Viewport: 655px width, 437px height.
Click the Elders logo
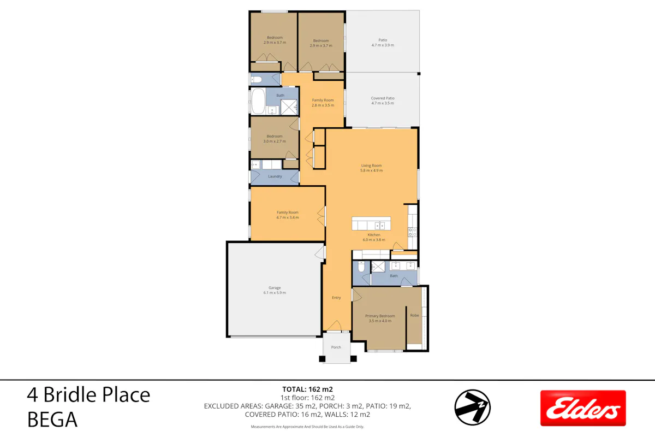point(583,408)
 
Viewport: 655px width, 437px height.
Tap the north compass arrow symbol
point(472,407)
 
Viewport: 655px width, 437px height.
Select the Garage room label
point(275,288)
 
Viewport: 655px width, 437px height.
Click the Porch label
point(336,347)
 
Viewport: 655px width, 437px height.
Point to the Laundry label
point(275,176)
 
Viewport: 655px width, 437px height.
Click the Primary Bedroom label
point(380,316)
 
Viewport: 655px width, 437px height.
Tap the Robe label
point(415,315)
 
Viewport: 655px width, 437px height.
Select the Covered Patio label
point(383,98)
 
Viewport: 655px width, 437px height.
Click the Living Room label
point(371,166)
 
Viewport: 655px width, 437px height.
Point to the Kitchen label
point(374,235)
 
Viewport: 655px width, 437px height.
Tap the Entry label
point(336,297)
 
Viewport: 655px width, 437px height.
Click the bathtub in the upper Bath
point(258,101)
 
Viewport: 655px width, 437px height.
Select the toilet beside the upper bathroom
point(257,79)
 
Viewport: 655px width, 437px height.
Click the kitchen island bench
point(371,223)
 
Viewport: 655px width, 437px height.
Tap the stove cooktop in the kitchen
point(412,232)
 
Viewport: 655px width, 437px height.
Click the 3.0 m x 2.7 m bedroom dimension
point(275,141)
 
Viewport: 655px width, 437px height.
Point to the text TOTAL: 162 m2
point(307,389)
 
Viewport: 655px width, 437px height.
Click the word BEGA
point(52,420)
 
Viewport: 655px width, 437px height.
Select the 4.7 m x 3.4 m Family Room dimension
point(288,217)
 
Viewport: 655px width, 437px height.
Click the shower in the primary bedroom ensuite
point(378,267)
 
